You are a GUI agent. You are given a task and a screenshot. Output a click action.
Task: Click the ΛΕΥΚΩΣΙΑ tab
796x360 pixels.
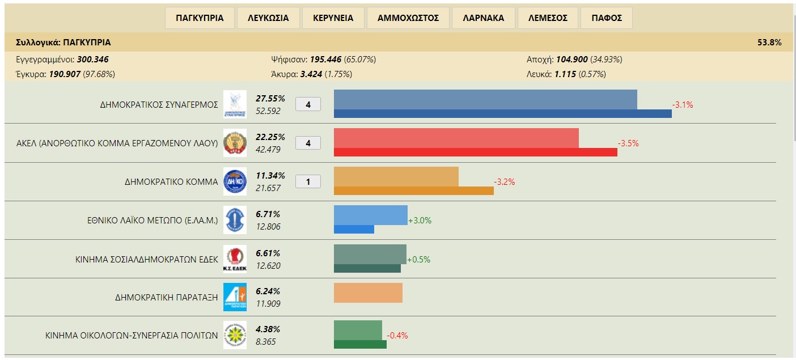click(268, 18)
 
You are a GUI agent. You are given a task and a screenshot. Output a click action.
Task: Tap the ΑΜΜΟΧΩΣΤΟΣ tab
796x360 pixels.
click(408, 18)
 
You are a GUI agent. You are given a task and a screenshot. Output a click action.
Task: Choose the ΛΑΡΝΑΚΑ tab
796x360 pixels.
click(483, 18)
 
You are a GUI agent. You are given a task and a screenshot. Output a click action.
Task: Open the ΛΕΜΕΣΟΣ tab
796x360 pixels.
click(548, 18)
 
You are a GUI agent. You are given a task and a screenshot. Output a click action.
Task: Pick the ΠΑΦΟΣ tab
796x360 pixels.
click(607, 18)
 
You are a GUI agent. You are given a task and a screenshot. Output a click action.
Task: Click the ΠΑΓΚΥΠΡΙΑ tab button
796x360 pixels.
click(200, 18)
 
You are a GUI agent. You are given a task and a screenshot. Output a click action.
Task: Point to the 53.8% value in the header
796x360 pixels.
click(769, 43)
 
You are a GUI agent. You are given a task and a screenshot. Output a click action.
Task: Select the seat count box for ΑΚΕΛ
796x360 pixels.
click(308, 143)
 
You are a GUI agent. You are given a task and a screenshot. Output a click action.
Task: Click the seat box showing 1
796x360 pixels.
click(308, 182)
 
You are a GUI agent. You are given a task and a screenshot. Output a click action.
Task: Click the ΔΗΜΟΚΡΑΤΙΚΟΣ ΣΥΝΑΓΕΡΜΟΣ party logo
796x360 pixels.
click(235, 104)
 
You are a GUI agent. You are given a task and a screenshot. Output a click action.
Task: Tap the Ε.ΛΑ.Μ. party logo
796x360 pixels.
click(235, 221)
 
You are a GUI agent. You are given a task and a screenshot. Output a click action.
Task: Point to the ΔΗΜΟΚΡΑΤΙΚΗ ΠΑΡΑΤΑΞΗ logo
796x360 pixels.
click(235, 297)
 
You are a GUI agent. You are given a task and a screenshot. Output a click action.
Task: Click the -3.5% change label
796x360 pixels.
click(628, 143)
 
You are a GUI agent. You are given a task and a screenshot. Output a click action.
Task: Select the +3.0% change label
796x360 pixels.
click(420, 221)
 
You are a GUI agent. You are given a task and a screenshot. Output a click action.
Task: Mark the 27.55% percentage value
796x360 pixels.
click(270, 99)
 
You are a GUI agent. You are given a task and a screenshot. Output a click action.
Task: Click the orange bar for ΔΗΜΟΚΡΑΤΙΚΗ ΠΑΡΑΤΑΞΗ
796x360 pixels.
click(368, 293)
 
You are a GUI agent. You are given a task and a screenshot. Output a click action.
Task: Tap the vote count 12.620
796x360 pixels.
click(268, 265)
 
